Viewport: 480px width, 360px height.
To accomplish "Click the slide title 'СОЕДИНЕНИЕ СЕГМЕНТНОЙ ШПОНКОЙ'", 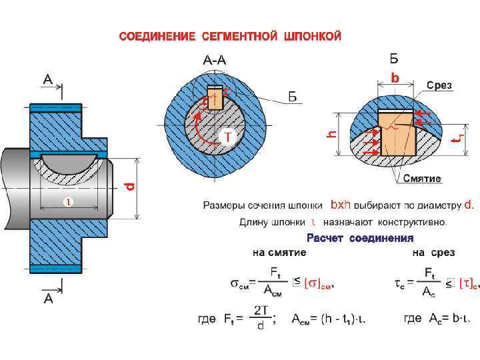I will [x=230, y=36].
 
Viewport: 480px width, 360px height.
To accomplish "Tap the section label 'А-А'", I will [x=214, y=60].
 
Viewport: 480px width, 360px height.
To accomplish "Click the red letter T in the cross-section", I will [x=227, y=136].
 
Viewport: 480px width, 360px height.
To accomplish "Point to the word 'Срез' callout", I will [x=439, y=85].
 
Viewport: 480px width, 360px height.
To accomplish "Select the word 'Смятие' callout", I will [x=422, y=179].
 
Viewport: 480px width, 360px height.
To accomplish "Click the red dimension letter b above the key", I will [x=395, y=79].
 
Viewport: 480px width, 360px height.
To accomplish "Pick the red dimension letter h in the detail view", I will [x=331, y=134].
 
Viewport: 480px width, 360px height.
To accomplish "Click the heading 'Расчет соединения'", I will [x=360, y=238].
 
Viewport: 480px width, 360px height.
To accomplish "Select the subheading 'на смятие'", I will [x=279, y=253].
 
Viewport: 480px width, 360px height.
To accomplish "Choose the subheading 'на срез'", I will [x=433, y=253].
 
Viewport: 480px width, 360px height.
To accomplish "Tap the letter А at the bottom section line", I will [x=48, y=299].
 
